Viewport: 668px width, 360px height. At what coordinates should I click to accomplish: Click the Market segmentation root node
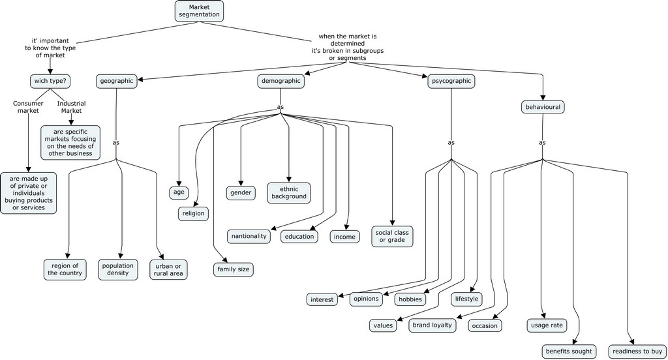click(x=199, y=10)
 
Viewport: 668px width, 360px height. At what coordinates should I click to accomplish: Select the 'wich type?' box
click(x=50, y=82)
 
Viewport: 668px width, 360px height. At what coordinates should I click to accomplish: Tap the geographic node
click(x=117, y=82)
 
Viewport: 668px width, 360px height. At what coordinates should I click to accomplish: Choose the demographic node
click(x=281, y=82)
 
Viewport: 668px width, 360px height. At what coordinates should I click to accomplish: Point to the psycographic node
click(x=451, y=82)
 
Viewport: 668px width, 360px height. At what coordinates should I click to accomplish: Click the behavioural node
click(x=542, y=107)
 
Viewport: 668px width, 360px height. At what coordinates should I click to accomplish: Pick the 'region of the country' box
click(x=65, y=269)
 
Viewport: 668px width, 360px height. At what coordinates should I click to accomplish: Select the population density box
click(x=117, y=269)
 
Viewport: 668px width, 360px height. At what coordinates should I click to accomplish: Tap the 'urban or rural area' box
click(x=168, y=269)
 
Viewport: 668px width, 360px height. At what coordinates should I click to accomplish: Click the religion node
click(x=193, y=213)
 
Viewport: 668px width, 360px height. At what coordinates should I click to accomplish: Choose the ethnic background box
click(x=288, y=193)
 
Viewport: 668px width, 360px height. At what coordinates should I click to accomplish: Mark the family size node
click(x=233, y=269)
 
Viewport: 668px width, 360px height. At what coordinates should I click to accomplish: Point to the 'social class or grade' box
click(x=392, y=236)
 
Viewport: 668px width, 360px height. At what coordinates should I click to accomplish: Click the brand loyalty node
click(x=431, y=325)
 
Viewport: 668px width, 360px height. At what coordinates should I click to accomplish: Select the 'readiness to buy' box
click(x=636, y=352)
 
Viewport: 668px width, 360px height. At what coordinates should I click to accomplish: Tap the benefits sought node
click(x=568, y=352)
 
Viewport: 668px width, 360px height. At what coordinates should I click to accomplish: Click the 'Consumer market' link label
click(x=28, y=107)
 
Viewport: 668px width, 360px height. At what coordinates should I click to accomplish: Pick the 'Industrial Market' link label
click(x=71, y=107)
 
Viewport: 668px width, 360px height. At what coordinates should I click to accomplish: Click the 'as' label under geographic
click(x=116, y=142)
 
